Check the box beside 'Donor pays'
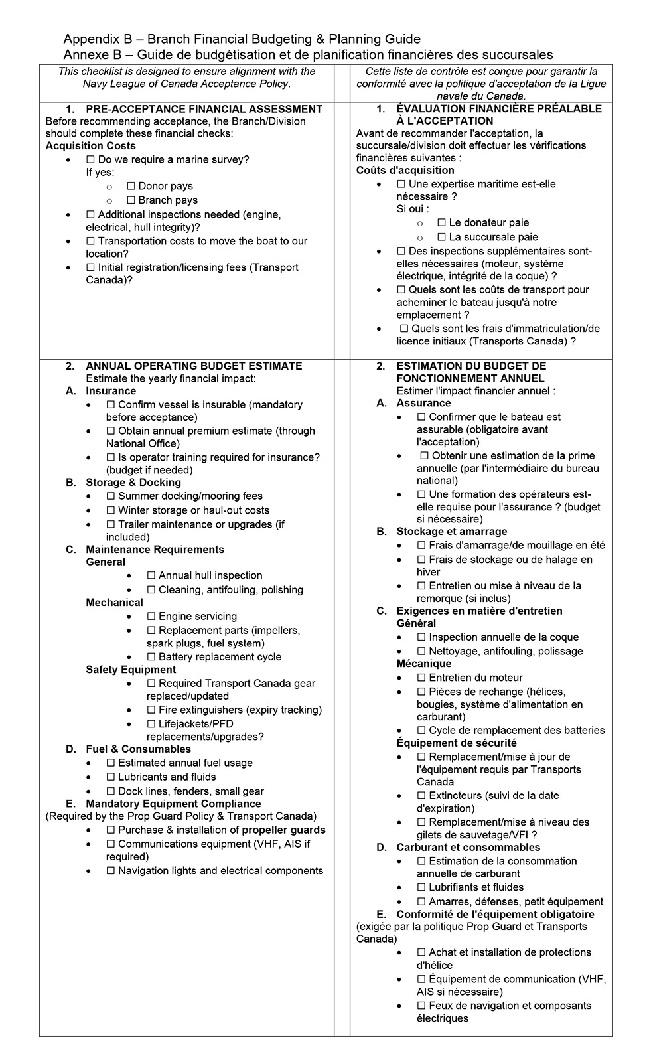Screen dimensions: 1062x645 pyautogui.click(x=131, y=187)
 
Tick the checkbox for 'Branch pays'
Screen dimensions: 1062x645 pyautogui.click(x=131, y=200)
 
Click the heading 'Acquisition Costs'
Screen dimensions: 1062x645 pyautogui.click(x=90, y=146)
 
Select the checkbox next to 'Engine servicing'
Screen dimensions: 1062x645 pyautogui.click(x=151, y=617)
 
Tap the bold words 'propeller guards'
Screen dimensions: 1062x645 pyautogui.click(x=283, y=830)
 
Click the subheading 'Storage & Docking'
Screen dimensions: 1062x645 pyautogui.click(x=133, y=483)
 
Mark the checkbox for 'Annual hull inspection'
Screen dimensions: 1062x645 pyautogui.click(x=151, y=576)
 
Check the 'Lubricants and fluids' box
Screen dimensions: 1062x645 pyautogui.click(x=111, y=777)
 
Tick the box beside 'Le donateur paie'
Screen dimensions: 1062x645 pyautogui.click(x=441, y=223)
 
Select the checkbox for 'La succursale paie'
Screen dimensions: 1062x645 pyautogui.click(x=441, y=238)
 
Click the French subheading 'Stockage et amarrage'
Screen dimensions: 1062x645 pyautogui.click(x=451, y=532)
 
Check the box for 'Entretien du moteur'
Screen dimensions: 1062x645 pyautogui.click(x=421, y=678)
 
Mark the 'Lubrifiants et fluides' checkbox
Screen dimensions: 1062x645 pyautogui.click(x=421, y=888)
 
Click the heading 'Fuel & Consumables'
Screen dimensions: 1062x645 pyautogui.click(x=138, y=749)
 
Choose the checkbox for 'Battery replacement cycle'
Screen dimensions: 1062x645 pyautogui.click(x=151, y=658)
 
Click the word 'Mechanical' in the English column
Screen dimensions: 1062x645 pyautogui.click(x=114, y=603)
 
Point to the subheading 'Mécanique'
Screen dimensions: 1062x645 pyautogui.click(x=423, y=664)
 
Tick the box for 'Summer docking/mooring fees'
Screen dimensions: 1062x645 pyautogui.click(x=111, y=496)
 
